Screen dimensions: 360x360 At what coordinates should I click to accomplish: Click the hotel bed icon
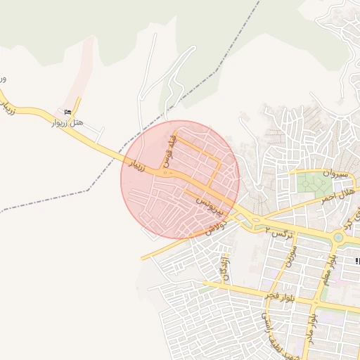(x=68, y=112)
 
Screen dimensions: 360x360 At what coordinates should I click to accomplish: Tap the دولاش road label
(x=216, y=227)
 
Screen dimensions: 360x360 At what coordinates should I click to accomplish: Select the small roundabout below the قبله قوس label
(x=166, y=172)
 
